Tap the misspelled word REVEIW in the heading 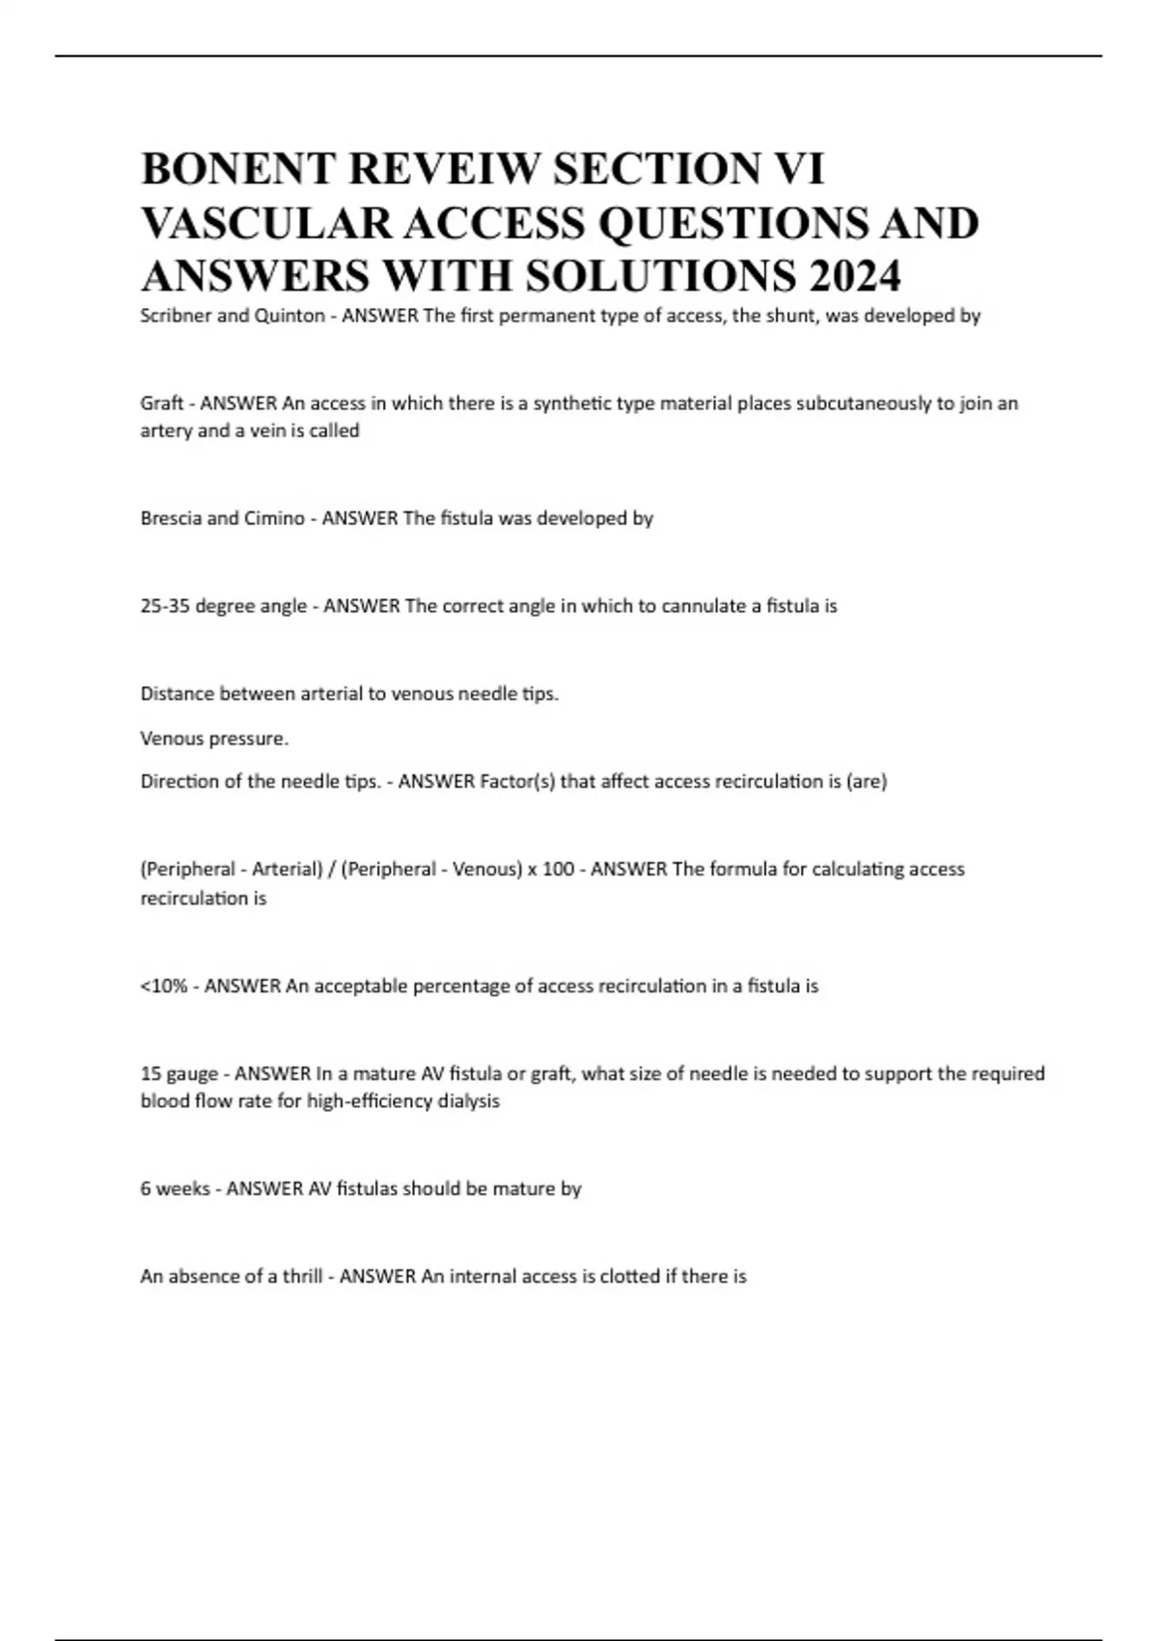435,169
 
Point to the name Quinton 289,316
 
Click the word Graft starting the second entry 161,403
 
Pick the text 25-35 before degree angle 165,606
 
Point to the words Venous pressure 214,738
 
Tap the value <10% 163,986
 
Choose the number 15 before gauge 151,1073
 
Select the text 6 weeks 175,1188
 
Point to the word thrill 302,1276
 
